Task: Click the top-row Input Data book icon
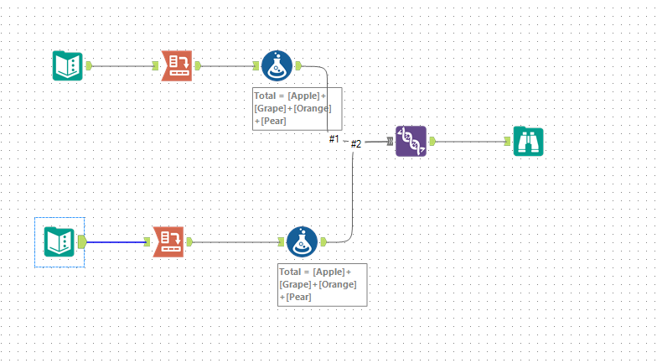(67, 65)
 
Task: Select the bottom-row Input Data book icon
(59, 242)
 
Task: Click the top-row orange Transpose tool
(177, 65)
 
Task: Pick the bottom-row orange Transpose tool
(168, 242)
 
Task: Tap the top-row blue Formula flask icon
(277, 65)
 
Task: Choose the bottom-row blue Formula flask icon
(302, 242)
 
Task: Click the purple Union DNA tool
(411, 142)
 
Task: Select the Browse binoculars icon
(529, 142)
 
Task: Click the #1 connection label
(334, 138)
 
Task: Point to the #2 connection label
(355, 143)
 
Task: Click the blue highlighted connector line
(117, 242)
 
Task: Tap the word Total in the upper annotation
(266, 96)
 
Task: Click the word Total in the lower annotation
(291, 272)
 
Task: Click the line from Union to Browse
(473, 142)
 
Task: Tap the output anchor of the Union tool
(432, 142)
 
